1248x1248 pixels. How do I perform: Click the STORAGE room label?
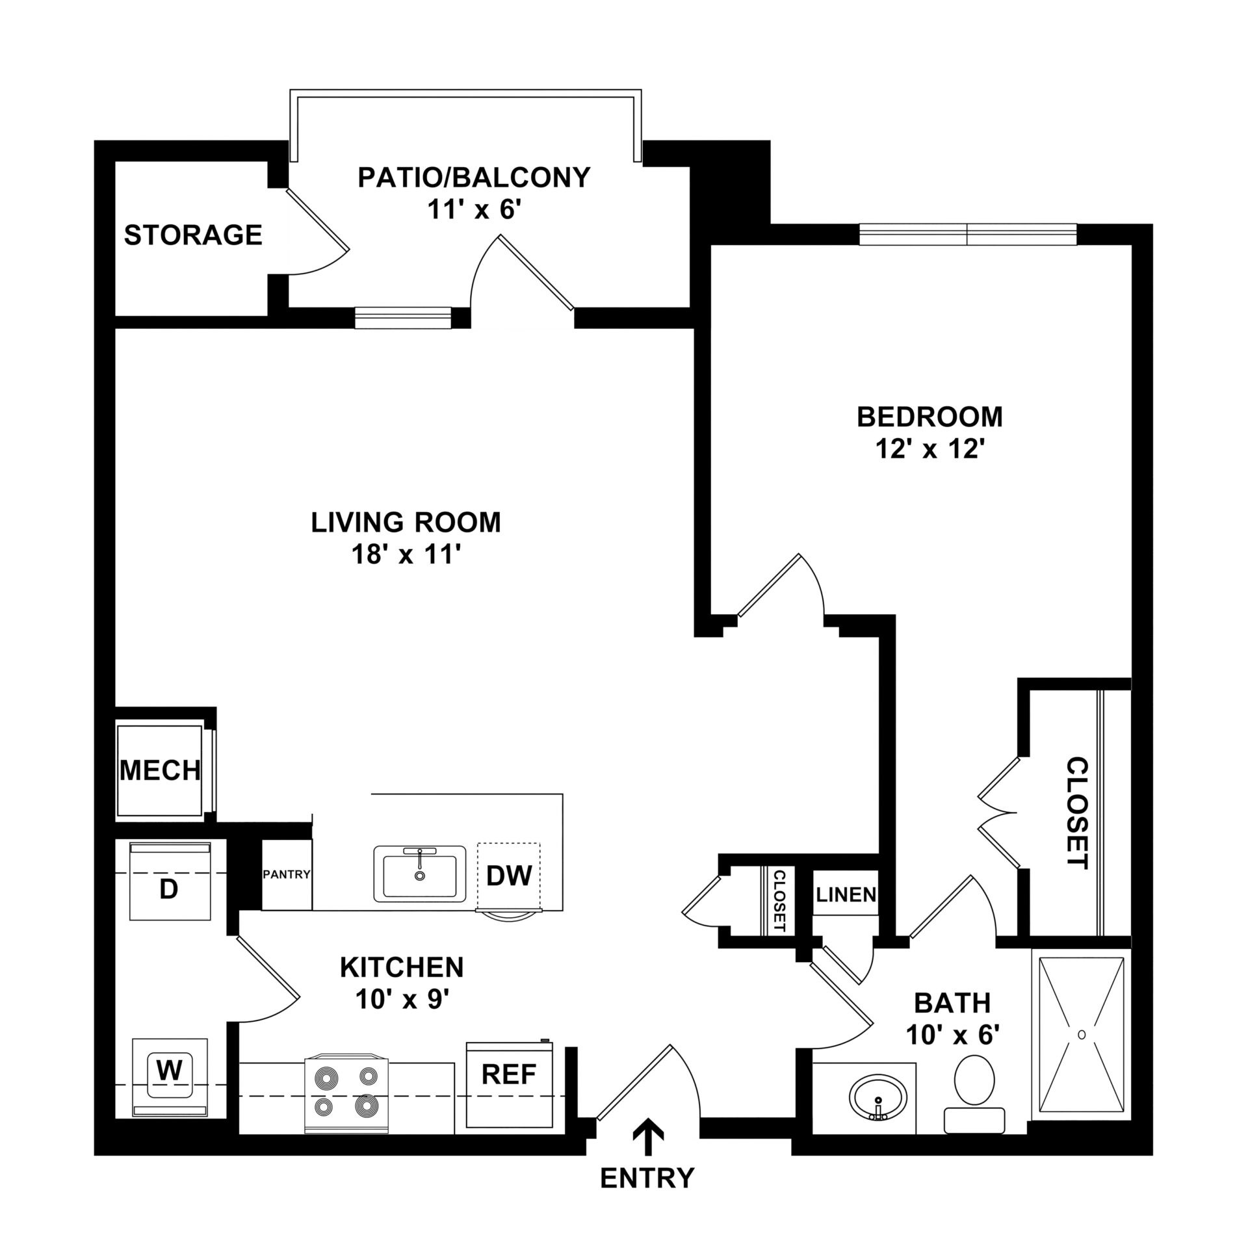click(193, 235)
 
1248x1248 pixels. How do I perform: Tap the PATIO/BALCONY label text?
click(474, 177)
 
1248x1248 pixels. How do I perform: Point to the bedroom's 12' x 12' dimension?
click(930, 449)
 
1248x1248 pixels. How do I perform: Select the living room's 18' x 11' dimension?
click(406, 555)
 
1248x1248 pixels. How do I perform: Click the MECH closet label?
click(161, 770)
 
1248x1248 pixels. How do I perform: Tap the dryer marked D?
click(170, 881)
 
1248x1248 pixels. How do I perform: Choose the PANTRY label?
click(287, 874)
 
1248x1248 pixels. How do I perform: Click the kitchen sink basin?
click(420, 874)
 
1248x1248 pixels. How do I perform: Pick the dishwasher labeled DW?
click(508, 876)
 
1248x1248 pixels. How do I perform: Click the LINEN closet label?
click(846, 895)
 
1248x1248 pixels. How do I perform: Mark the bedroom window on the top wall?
click(968, 235)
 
